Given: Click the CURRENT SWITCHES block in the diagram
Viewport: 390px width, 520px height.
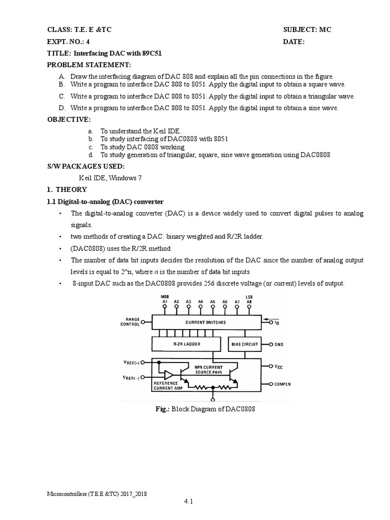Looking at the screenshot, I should (206, 322).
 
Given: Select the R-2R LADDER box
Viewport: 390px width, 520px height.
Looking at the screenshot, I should (186, 344).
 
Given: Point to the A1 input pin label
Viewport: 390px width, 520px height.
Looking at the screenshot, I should (165, 302).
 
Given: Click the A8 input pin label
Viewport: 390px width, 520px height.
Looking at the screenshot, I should (249, 302).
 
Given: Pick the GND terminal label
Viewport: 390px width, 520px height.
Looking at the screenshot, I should (279, 344).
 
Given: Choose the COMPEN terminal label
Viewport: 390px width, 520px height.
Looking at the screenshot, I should (283, 384).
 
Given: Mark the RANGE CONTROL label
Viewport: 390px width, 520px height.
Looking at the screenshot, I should (129, 321).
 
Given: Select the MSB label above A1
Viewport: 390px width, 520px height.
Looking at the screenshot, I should (165, 297).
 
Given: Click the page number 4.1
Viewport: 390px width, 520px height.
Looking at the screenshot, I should (189, 502).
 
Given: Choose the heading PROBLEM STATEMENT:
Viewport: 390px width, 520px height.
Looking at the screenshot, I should (89, 64).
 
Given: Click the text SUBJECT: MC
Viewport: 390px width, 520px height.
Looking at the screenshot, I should (307, 30).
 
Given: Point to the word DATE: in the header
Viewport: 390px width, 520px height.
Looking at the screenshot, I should (294, 42).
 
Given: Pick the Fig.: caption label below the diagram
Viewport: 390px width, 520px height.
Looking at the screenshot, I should (163, 409).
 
